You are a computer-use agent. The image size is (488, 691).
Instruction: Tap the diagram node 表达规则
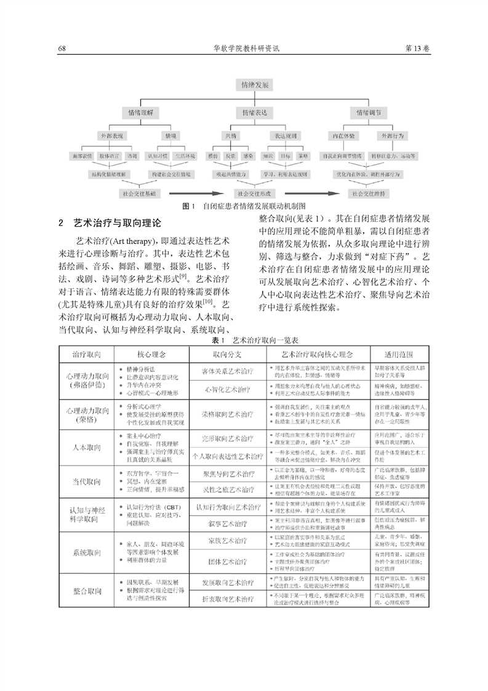tap(284, 134)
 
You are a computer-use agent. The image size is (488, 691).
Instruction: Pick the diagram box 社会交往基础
tap(141, 193)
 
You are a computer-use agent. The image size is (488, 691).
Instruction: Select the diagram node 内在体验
tap(342, 134)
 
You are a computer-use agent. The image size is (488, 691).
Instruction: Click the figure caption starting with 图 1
tap(244, 206)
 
